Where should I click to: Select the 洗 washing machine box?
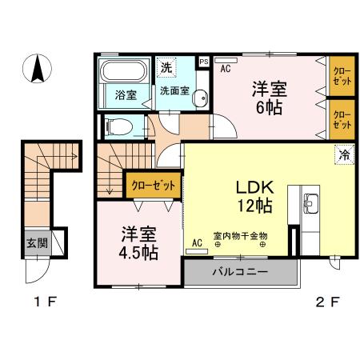166,66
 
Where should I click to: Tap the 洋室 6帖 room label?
270,97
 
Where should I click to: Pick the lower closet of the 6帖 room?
342,118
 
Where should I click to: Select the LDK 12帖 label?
254,195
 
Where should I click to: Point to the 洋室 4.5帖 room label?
138,242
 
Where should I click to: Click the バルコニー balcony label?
240,272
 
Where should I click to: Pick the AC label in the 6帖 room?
225,69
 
